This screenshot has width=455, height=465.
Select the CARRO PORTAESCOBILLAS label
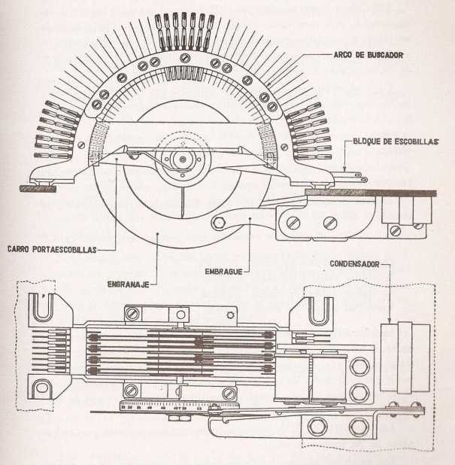(x=51, y=249)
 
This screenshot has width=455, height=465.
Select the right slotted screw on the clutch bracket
(x=329, y=223)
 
